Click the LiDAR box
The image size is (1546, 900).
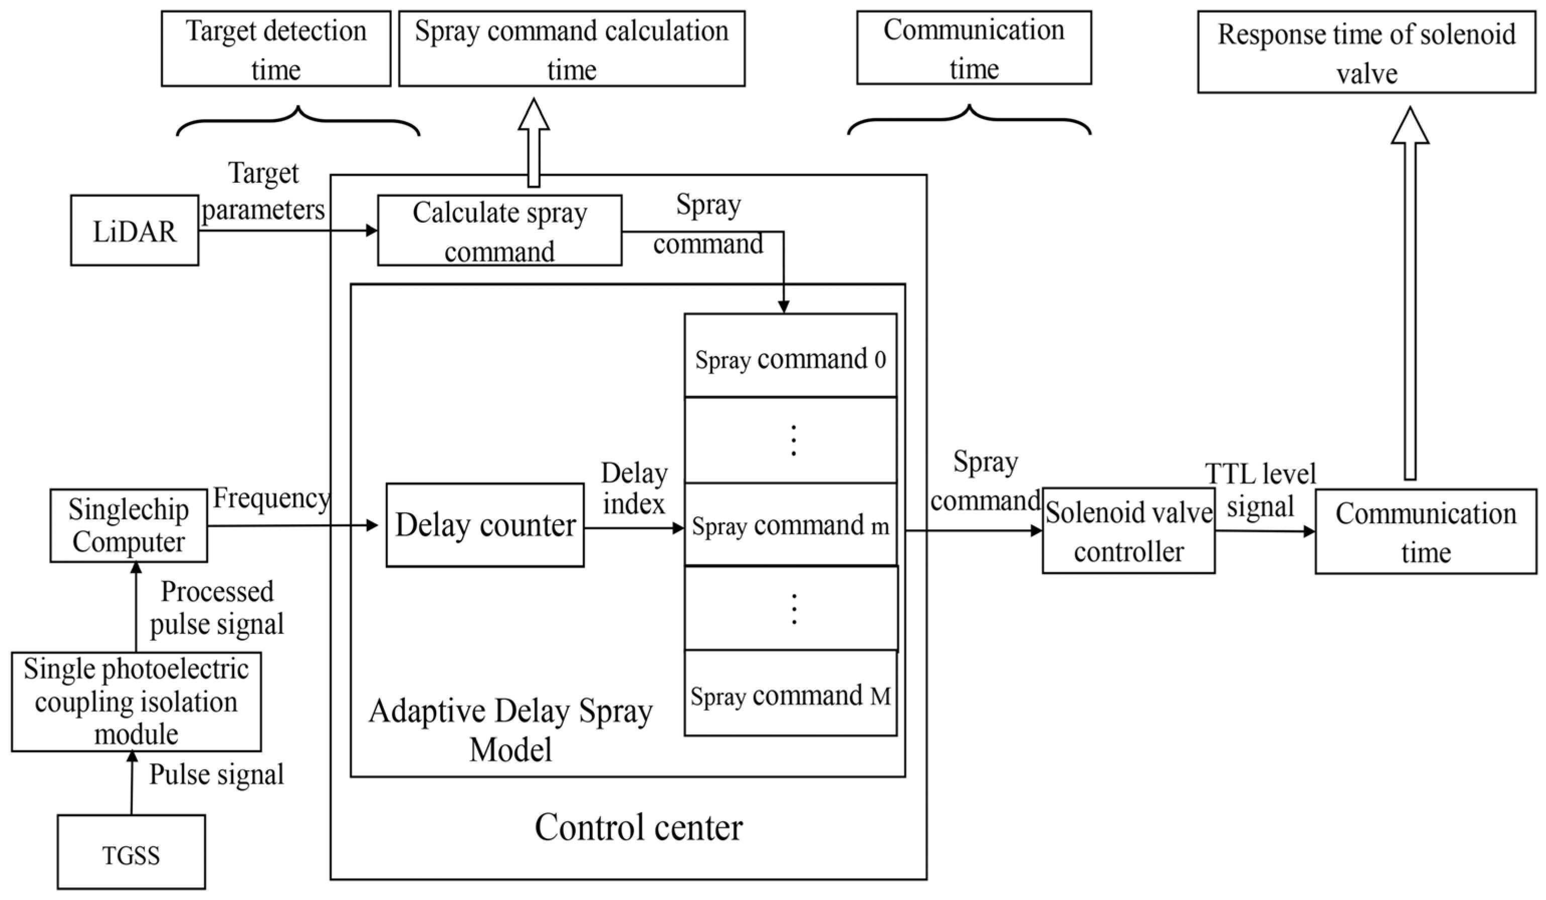(134, 231)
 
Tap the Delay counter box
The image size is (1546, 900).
(485, 525)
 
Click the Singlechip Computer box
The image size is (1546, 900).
(129, 526)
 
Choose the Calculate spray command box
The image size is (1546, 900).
(499, 231)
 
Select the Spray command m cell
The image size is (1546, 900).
(790, 525)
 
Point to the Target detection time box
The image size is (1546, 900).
(276, 49)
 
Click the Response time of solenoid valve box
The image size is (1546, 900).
(1367, 53)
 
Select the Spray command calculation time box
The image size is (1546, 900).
(572, 49)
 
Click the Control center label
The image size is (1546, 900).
(638, 827)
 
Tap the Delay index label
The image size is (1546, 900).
(634, 489)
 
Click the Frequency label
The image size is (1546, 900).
(271, 498)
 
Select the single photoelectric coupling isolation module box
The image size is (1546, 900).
(136, 701)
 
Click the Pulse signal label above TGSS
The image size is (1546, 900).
(217, 774)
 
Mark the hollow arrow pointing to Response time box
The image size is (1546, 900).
(1410, 294)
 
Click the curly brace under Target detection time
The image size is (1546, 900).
(298, 123)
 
